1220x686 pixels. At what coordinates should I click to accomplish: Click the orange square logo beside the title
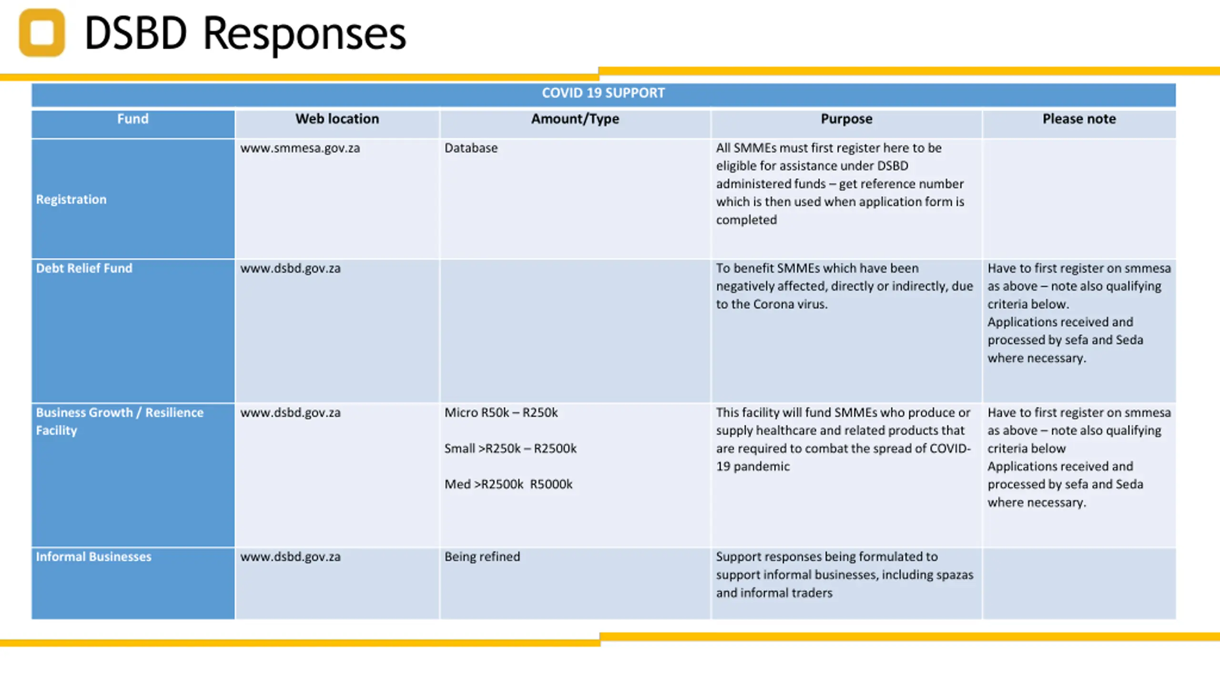coord(42,32)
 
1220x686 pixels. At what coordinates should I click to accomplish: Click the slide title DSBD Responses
coord(245,33)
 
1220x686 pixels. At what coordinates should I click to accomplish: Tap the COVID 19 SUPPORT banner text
coord(603,93)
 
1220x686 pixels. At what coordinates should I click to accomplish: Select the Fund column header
coord(133,119)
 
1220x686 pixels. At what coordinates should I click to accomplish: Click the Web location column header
coord(337,119)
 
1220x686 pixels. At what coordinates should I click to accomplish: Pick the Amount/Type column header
coord(575,119)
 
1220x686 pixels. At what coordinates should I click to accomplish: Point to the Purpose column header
coord(846,119)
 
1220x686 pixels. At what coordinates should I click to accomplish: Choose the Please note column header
coord(1079,119)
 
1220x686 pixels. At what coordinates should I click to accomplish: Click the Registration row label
coord(71,199)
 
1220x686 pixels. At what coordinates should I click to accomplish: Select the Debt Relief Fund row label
coord(84,268)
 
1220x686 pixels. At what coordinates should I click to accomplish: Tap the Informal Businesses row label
coord(93,556)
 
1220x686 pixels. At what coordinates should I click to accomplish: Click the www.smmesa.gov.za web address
coord(300,148)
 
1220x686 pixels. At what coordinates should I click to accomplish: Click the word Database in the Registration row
coord(471,148)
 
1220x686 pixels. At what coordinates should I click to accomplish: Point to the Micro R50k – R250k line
coord(501,413)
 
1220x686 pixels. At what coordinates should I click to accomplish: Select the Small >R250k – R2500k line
coord(510,448)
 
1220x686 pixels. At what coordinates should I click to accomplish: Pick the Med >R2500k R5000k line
coord(508,484)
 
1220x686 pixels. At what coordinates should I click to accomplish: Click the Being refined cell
coord(482,556)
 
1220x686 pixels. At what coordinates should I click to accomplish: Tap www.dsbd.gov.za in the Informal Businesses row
coord(290,556)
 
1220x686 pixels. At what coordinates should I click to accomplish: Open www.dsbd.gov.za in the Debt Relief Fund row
coord(290,268)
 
